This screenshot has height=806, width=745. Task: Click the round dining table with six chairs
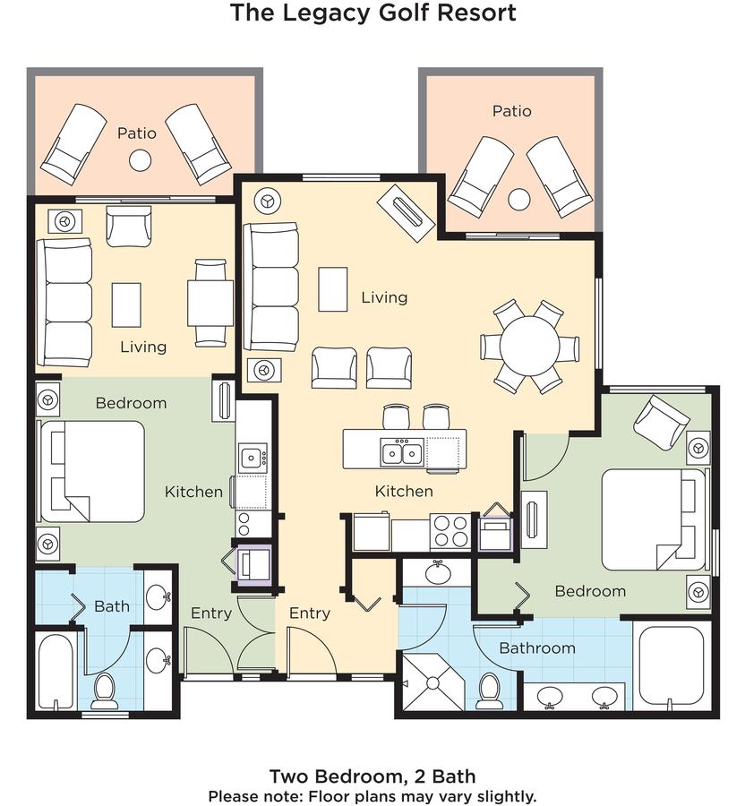click(x=529, y=346)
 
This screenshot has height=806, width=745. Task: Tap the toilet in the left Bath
click(x=105, y=690)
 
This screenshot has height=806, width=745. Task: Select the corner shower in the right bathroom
click(x=432, y=682)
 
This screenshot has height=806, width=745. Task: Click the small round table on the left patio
click(x=140, y=160)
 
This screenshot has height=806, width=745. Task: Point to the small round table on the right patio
click(x=519, y=200)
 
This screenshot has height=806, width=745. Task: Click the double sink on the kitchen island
click(x=402, y=453)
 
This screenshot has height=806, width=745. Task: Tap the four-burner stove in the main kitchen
click(x=450, y=531)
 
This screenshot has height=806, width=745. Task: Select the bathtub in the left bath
click(x=56, y=672)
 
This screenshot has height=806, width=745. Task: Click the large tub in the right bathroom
click(x=671, y=665)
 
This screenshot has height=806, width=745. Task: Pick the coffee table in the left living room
click(x=126, y=304)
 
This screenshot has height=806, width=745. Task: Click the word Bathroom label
click(x=537, y=648)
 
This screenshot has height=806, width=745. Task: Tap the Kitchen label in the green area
click(x=193, y=492)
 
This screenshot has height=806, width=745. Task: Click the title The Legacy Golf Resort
click(x=373, y=13)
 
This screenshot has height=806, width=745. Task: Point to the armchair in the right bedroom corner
click(x=661, y=423)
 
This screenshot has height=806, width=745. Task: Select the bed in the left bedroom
click(x=92, y=472)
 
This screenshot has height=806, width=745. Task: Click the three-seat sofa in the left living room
click(x=64, y=303)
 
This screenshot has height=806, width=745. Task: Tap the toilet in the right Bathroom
click(x=489, y=690)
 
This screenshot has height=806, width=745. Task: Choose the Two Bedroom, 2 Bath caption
click(x=372, y=776)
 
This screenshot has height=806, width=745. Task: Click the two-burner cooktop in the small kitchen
click(x=244, y=524)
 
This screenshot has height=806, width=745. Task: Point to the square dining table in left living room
click(x=210, y=303)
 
